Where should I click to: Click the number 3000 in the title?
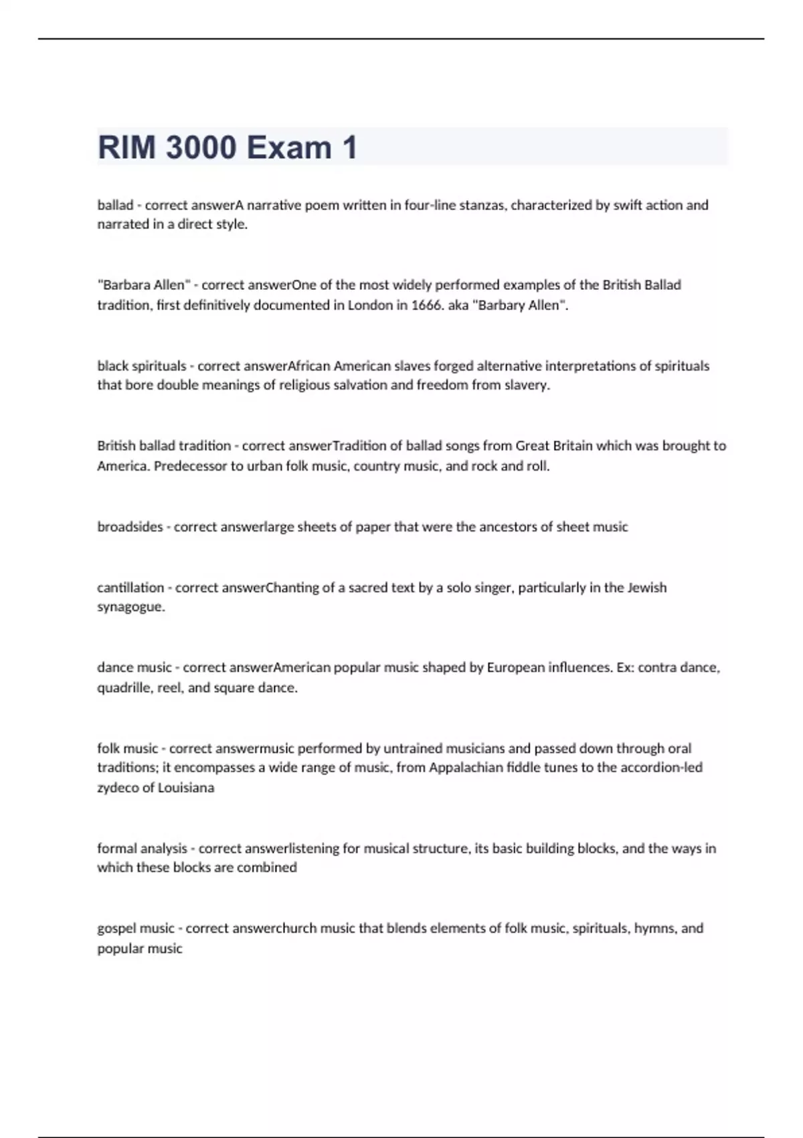tap(200, 147)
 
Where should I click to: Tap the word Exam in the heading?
tap(289, 147)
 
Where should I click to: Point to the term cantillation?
tap(130, 588)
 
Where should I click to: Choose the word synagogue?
tap(130, 608)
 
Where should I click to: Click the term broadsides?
tap(130, 527)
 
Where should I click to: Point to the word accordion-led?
tap(661, 768)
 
